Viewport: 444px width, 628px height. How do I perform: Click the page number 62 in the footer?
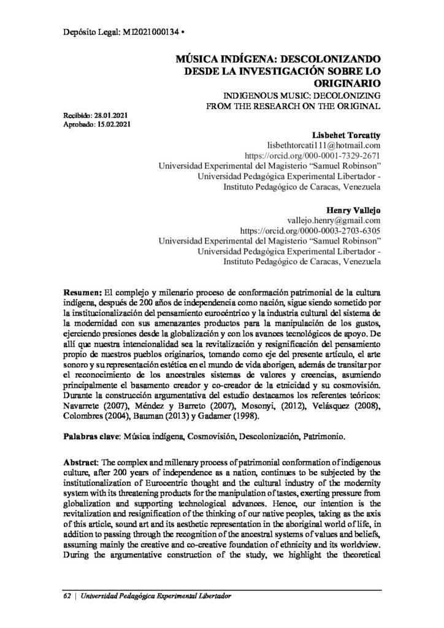point(67,597)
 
